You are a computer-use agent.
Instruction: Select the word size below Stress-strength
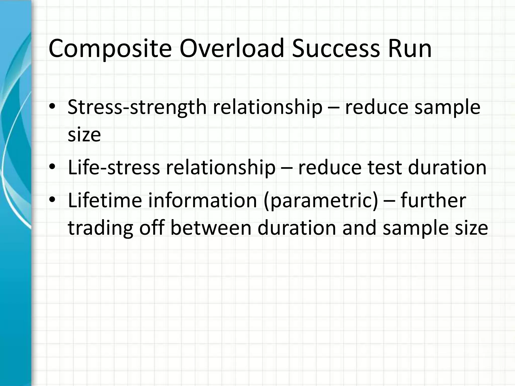point(84,135)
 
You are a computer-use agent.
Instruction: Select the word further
point(433,200)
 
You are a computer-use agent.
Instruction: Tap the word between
point(211,228)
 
